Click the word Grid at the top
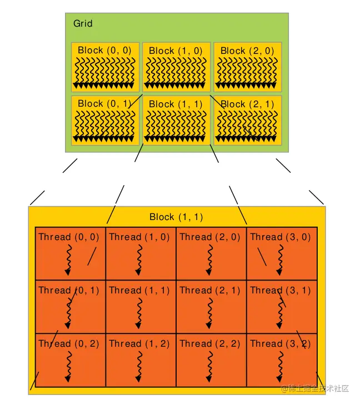coord(83,23)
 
